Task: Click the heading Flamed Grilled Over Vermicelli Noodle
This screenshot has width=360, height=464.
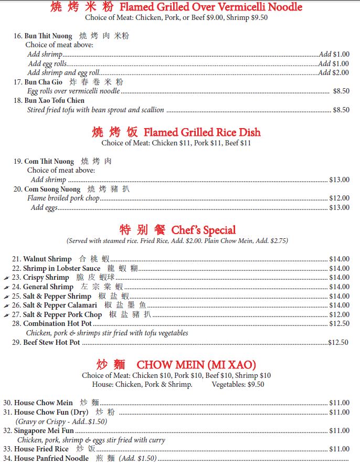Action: point(211,7)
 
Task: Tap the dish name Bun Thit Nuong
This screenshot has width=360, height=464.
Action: point(48,36)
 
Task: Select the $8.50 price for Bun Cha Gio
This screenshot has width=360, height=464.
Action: point(341,91)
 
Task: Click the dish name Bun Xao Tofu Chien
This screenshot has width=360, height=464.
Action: point(54,101)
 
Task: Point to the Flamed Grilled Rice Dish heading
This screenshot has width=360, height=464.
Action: point(202,132)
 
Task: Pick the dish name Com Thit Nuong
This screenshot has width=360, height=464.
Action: point(49,161)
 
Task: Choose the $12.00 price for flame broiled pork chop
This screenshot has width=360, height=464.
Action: point(339,198)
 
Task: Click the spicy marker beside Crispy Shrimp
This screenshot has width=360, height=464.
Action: point(6,278)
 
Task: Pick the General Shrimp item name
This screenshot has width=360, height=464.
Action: point(48,287)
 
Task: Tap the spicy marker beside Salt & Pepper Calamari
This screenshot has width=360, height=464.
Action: point(6,305)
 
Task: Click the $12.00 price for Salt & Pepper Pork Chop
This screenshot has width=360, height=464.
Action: point(339,315)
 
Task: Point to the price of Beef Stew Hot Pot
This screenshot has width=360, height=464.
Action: point(338,343)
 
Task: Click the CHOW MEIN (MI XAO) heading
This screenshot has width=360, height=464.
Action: point(196,364)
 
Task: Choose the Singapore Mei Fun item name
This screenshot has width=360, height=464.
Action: point(44,431)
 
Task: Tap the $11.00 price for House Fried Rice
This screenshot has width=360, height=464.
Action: point(339,449)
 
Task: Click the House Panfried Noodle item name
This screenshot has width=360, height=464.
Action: point(51,459)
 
